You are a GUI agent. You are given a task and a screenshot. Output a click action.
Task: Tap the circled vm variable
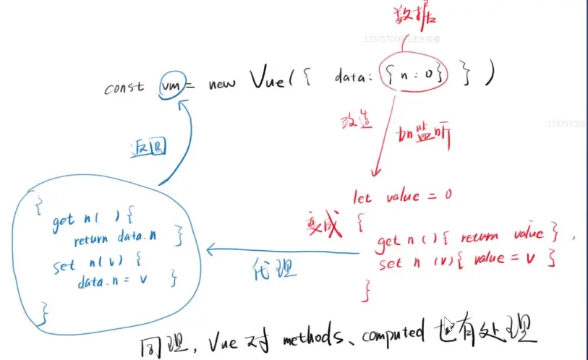172,87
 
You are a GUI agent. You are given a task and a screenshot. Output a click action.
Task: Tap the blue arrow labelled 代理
282,252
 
